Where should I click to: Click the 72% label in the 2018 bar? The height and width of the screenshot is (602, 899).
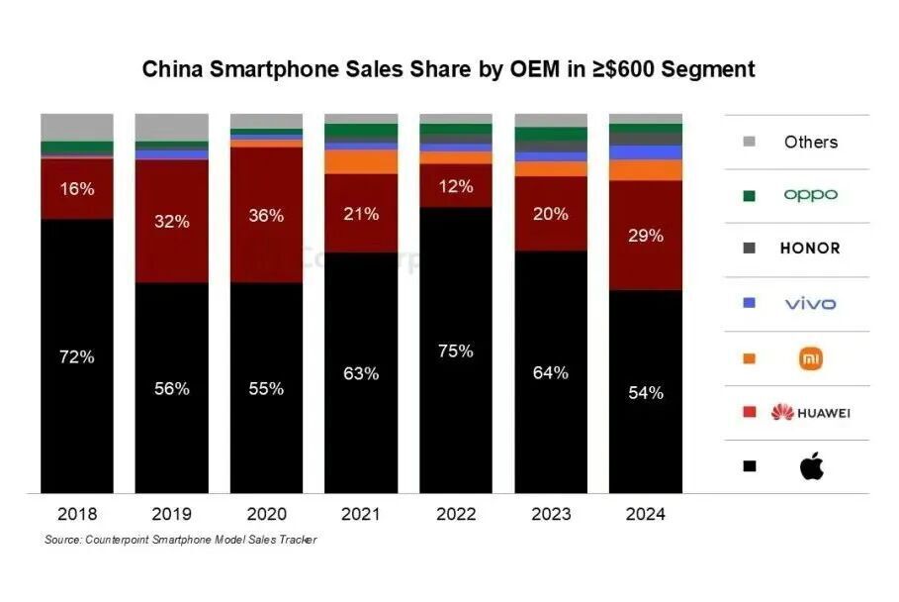(76, 356)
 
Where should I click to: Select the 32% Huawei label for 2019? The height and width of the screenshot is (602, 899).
(171, 222)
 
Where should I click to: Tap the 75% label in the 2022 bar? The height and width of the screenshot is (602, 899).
(456, 351)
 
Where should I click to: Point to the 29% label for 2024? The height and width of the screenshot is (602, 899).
(645, 236)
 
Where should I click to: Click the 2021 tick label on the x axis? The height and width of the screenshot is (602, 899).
(361, 514)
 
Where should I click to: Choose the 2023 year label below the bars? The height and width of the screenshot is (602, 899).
(551, 514)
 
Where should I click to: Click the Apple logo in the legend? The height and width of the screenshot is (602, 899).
(811, 466)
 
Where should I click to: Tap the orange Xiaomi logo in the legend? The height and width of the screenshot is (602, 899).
(811, 358)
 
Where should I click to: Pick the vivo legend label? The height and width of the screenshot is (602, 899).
(810, 303)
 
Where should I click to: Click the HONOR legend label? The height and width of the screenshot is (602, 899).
(810, 249)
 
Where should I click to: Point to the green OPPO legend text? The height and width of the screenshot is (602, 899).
(810, 195)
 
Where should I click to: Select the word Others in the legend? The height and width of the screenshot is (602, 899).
(810, 142)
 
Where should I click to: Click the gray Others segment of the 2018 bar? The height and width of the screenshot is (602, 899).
(76, 127)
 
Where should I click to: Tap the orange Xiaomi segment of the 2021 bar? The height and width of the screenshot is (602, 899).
(361, 161)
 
